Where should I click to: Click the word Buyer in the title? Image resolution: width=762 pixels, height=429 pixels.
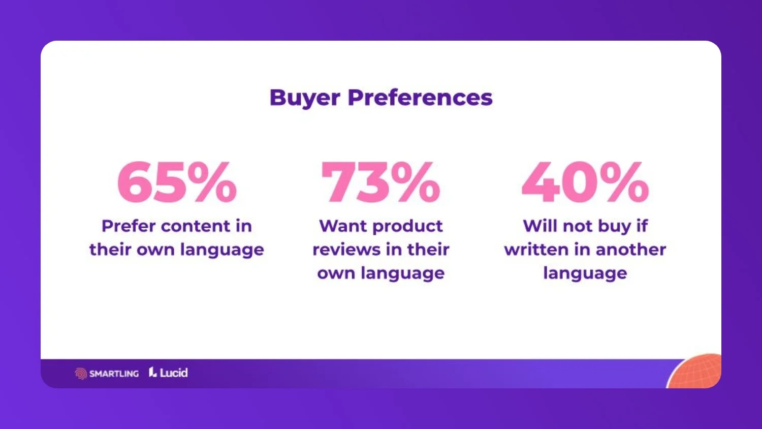[x=304, y=98]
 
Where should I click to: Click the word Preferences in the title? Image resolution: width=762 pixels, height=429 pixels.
[x=420, y=98]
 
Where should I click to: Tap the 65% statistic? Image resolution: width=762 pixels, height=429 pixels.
[x=177, y=182]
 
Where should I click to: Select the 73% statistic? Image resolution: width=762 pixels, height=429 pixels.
[x=380, y=182]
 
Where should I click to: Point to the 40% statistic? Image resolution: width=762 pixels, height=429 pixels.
[x=585, y=182]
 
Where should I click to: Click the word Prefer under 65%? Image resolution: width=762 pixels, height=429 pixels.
[x=128, y=226]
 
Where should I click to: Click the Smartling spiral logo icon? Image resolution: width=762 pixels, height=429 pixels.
[x=81, y=374]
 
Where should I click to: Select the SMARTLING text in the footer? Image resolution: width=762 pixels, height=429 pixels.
[x=114, y=374]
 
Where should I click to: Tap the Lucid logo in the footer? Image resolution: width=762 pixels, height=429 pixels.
[x=168, y=373]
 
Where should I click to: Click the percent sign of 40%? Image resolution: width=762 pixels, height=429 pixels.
[x=624, y=182]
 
